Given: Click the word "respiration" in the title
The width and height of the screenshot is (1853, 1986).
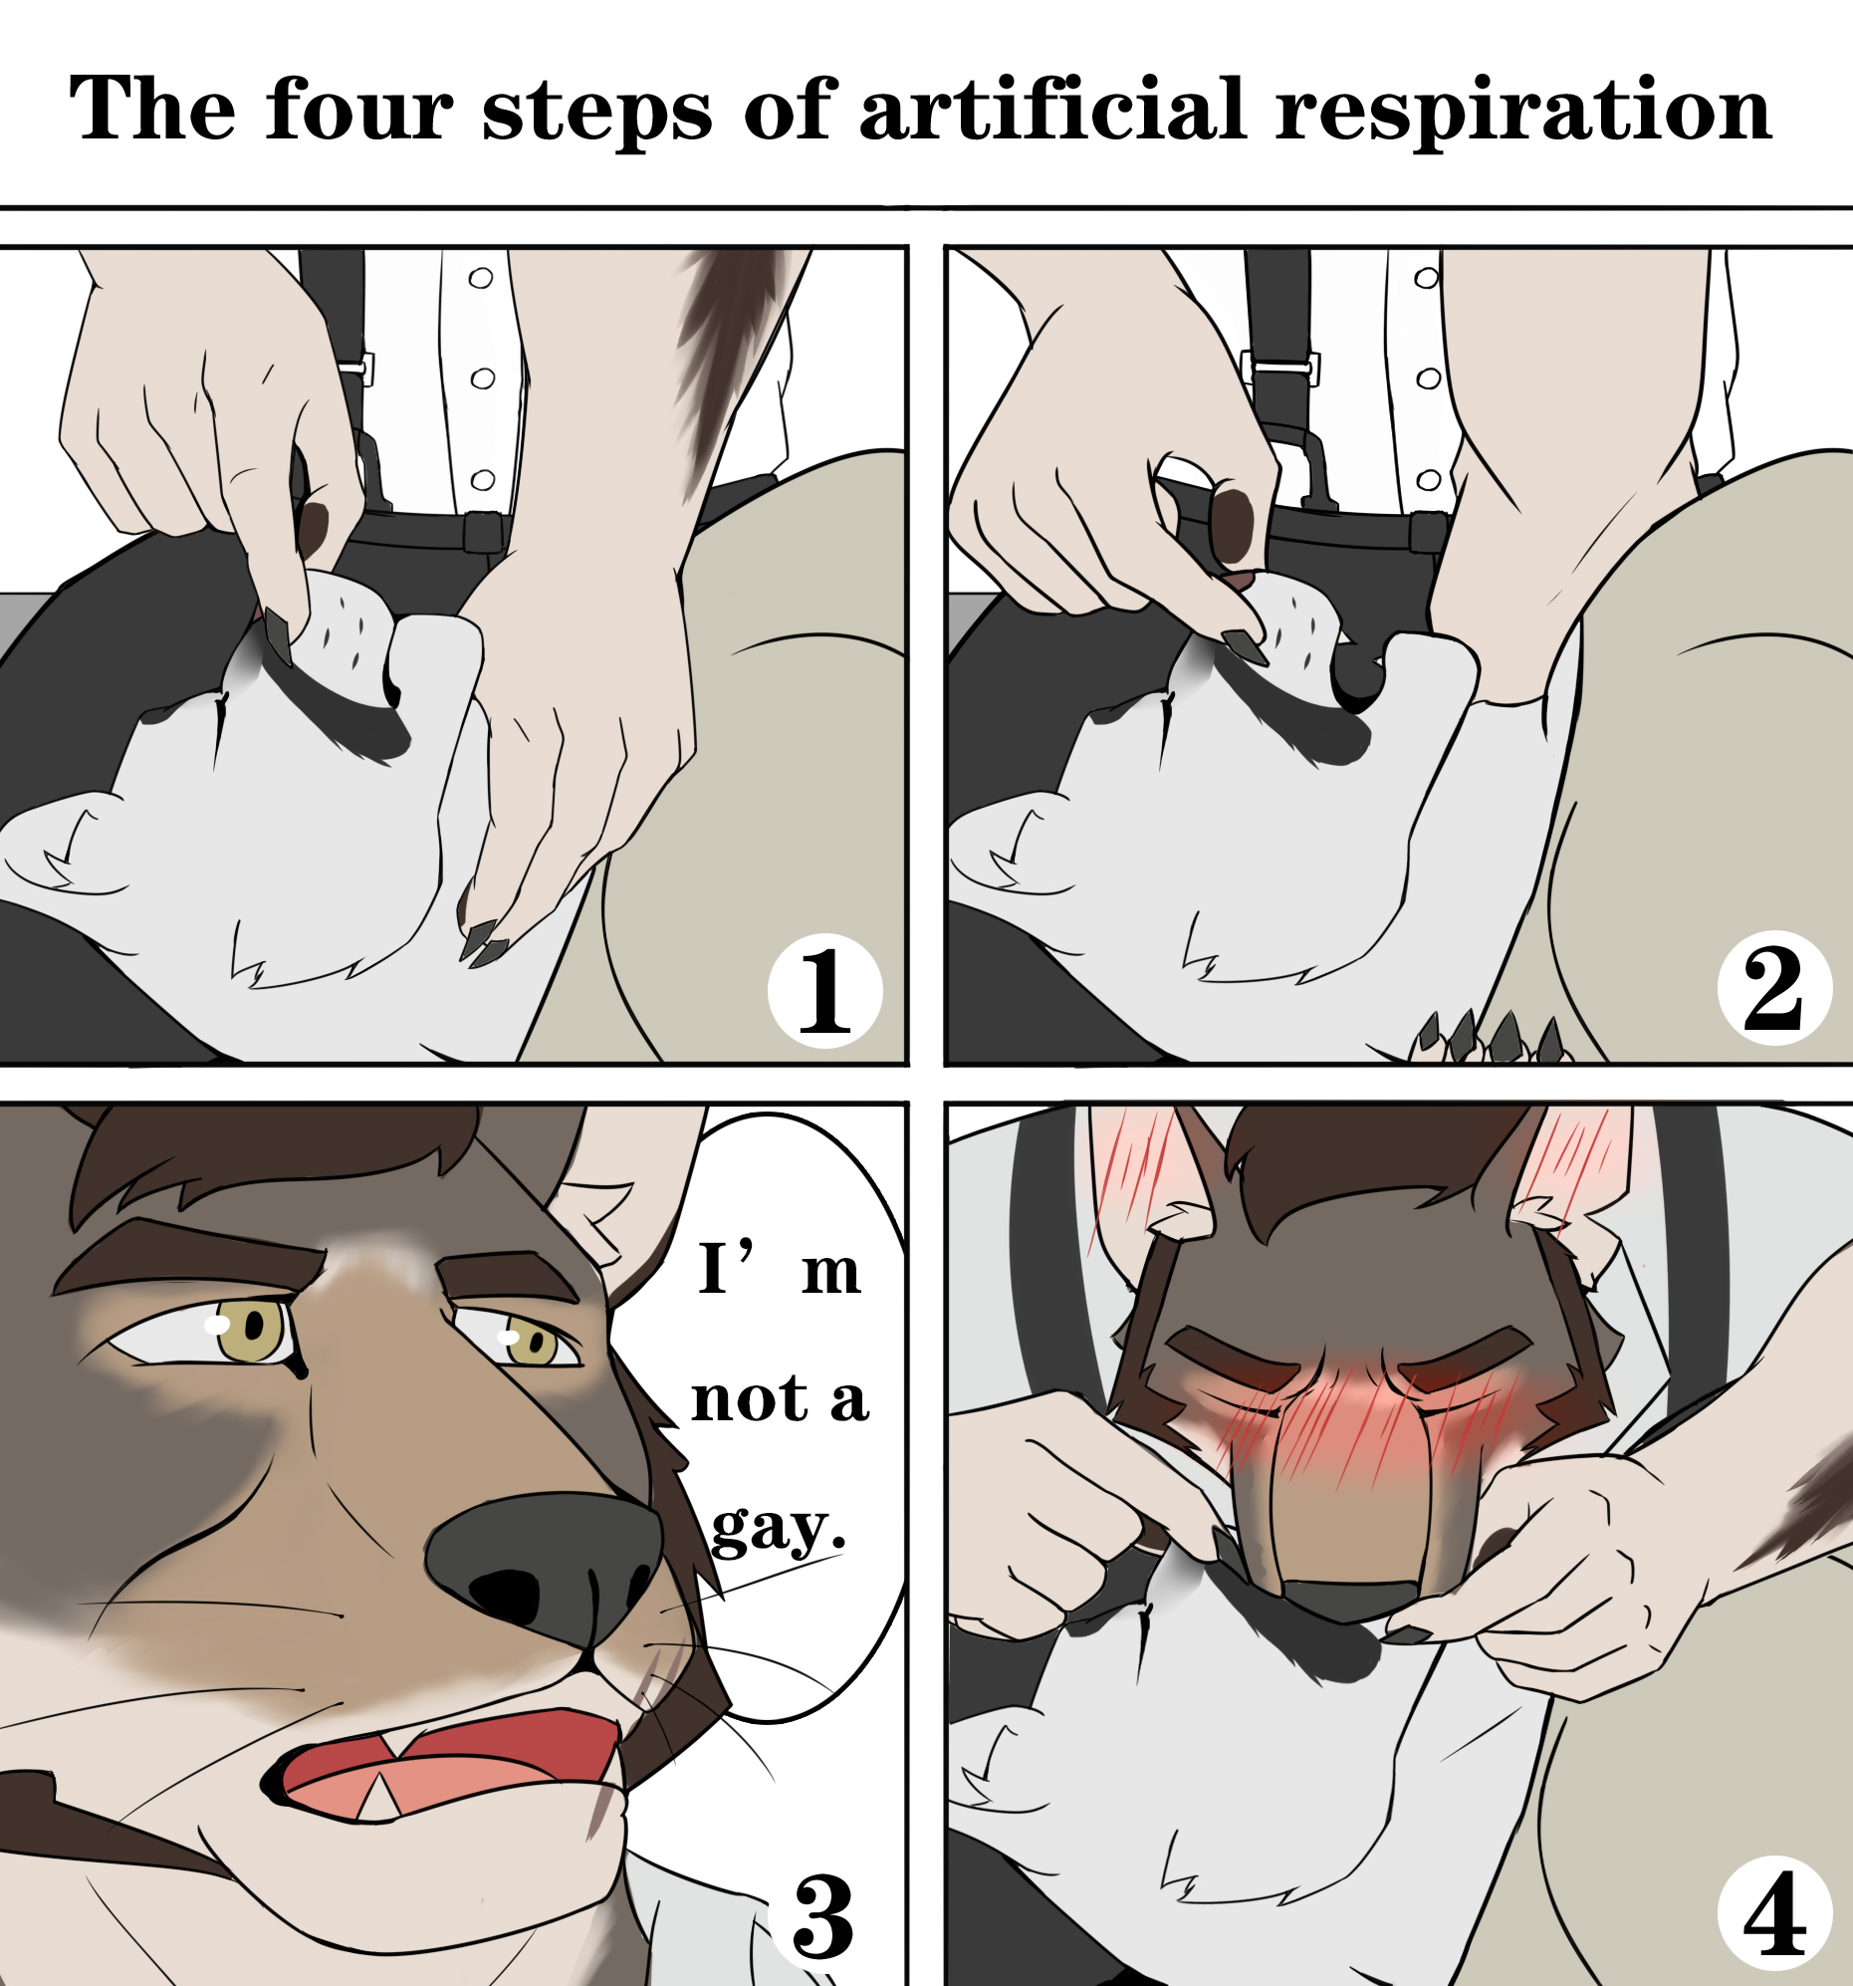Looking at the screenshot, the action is coord(1524,112).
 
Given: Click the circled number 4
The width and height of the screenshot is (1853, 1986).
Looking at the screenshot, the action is coord(1775,1914).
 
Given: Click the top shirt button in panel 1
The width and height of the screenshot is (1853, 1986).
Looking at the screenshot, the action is coord(481,278).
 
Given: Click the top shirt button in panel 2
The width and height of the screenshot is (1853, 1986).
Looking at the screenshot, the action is coord(1427,278).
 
